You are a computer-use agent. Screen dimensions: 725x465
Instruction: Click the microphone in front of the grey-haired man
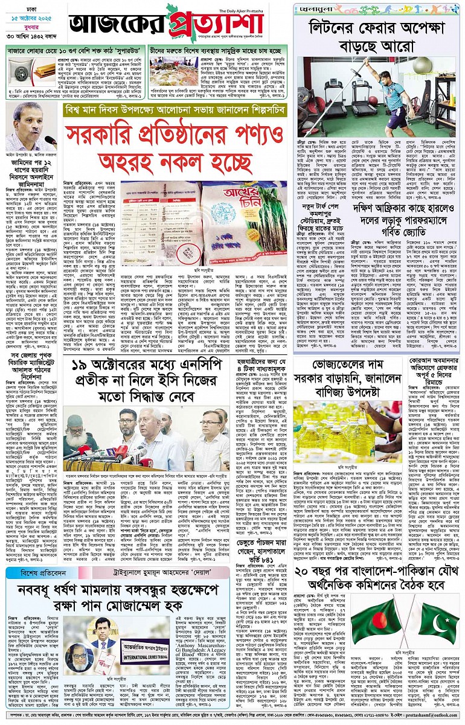50,140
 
